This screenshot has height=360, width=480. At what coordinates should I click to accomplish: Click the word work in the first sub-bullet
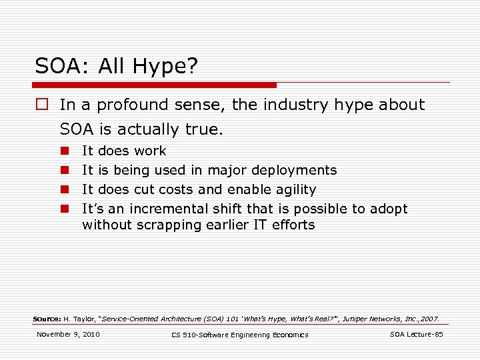point(150,151)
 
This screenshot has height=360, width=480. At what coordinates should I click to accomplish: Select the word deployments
point(294,170)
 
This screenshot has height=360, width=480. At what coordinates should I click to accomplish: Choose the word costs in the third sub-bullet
point(178,189)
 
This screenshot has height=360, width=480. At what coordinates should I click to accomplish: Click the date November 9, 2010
point(68,334)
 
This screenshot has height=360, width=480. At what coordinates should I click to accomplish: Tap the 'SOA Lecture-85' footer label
point(416,334)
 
